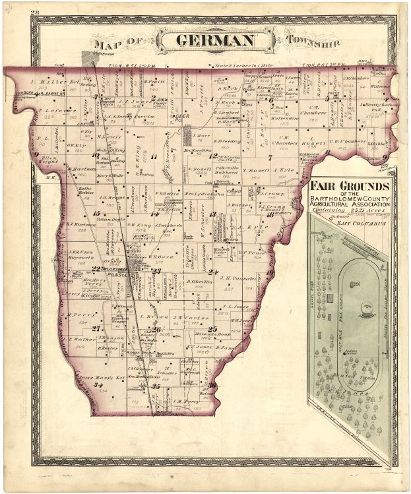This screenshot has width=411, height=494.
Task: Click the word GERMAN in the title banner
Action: tap(216, 41)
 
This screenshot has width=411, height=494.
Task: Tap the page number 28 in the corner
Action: tap(35, 13)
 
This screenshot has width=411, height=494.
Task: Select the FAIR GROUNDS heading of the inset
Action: tap(350, 187)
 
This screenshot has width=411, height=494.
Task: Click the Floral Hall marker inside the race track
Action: tap(355, 285)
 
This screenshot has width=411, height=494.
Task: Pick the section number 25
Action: tap(212, 329)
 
